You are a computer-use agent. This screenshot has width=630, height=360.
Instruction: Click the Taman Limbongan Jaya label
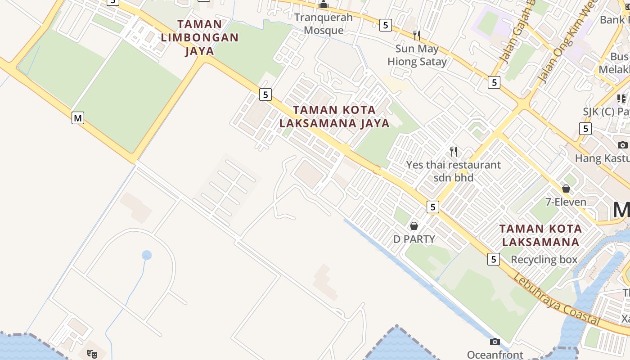pyautogui.click(x=199, y=37)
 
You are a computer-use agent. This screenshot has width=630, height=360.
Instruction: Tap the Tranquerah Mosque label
pyautogui.click(x=324, y=24)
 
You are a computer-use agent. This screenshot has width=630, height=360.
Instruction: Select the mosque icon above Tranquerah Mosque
pyautogui.click(x=324, y=5)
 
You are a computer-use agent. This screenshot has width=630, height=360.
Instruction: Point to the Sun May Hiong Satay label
pyautogui.click(x=417, y=55)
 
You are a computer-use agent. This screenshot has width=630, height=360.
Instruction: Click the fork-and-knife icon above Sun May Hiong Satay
pyautogui.click(x=417, y=35)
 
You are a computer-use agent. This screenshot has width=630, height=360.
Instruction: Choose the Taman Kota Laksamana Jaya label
pyautogui.click(x=334, y=117)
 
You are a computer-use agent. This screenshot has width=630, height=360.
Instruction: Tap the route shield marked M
pyautogui.click(x=78, y=118)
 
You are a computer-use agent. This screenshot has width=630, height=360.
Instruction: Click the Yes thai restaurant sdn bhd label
pyautogui.click(x=453, y=171)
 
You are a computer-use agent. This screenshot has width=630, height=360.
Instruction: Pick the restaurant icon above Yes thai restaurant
pyautogui.click(x=454, y=152)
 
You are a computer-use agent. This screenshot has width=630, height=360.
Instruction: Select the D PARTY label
pyautogui.click(x=414, y=239)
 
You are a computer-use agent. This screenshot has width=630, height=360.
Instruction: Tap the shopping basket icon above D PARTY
pyautogui.click(x=414, y=225)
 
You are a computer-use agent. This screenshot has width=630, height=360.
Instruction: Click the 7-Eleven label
pyautogui.click(x=566, y=202)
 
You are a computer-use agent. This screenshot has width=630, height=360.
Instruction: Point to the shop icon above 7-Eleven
pyautogui.click(x=566, y=189)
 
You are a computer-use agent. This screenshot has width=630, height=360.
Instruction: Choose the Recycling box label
pyautogui.click(x=544, y=260)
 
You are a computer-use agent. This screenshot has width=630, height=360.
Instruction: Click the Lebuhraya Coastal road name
pyautogui.click(x=557, y=299)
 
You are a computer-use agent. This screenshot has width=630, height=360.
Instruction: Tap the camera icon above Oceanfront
pyautogui.click(x=495, y=342)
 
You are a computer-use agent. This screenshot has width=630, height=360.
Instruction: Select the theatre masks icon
pyautogui.click(x=92, y=354)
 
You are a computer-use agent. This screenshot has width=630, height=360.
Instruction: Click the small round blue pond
pyautogui.click(x=147, y=255)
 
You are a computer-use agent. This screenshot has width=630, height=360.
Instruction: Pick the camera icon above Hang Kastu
pyautogui.click(x=623, y=144)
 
